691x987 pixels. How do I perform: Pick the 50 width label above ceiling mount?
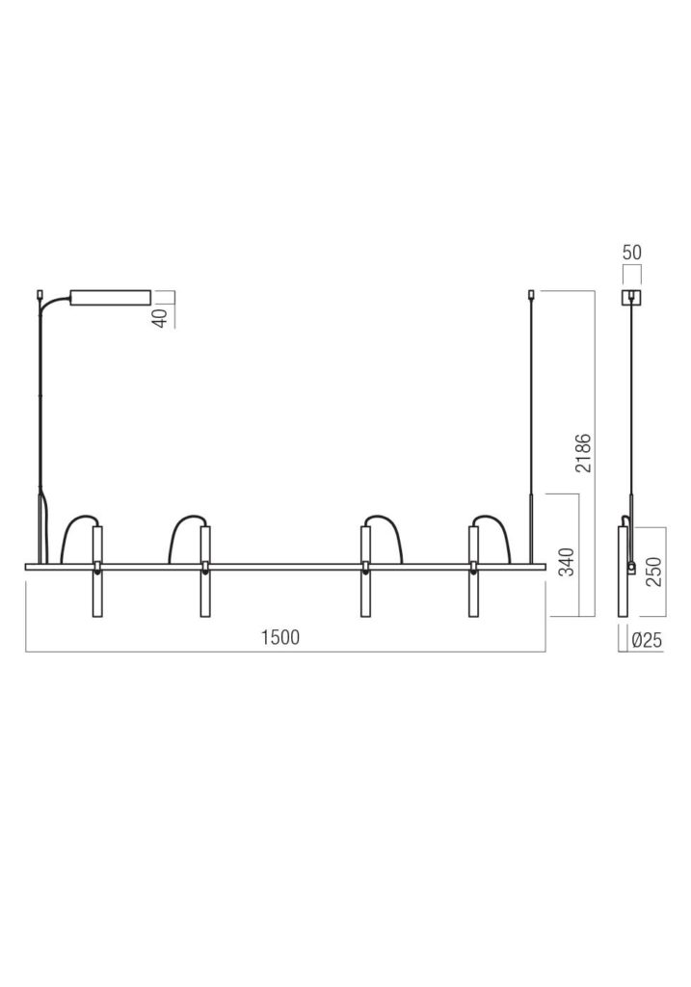point(631,253)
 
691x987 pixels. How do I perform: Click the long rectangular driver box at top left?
point(111,296)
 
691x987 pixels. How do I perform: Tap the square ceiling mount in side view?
point(631,297)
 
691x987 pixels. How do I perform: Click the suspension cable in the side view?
point(631,405)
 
